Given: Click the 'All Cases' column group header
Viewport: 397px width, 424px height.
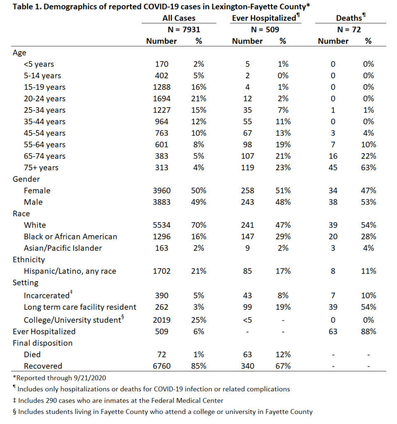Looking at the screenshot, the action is tap(179, 18).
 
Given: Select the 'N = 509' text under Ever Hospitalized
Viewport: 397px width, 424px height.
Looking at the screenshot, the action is tap(265, 29).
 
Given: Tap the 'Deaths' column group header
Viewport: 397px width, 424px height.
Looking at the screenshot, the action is tap(349, 18).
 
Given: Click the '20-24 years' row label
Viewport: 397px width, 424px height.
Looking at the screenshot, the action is tap(44, 99).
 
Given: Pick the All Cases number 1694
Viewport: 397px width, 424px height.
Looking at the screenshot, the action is tap(161, 99).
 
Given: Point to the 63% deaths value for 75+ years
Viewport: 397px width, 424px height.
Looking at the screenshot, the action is tap(368, 167).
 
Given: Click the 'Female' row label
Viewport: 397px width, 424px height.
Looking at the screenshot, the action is tap(37, 190).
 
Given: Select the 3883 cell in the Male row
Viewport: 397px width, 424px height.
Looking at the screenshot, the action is tap(161, 202).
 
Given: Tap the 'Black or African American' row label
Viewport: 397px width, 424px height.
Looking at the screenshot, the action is tap(71, 236).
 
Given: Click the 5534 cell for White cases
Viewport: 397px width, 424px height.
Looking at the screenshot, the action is tap(161, 225).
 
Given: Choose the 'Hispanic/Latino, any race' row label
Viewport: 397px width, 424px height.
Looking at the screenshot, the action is tap(70, 271).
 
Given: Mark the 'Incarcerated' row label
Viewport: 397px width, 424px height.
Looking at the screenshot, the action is tap(46, 296).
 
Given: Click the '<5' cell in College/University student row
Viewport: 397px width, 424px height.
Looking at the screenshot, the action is tap(247, 320).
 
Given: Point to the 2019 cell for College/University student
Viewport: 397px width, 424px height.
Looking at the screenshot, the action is tap(161, 320).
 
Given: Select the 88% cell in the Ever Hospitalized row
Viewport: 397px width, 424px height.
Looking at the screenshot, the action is tap(368, 332).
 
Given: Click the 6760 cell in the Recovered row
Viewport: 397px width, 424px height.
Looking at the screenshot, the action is tap(161, 366).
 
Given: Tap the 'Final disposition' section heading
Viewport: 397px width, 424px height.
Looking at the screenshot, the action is tap(43, 343).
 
